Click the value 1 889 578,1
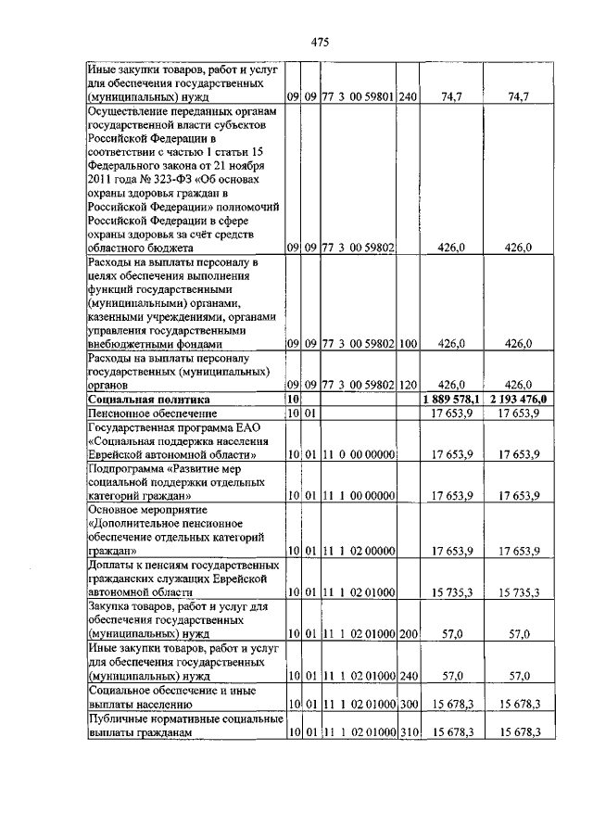448,398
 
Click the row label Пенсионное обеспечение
152,412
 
